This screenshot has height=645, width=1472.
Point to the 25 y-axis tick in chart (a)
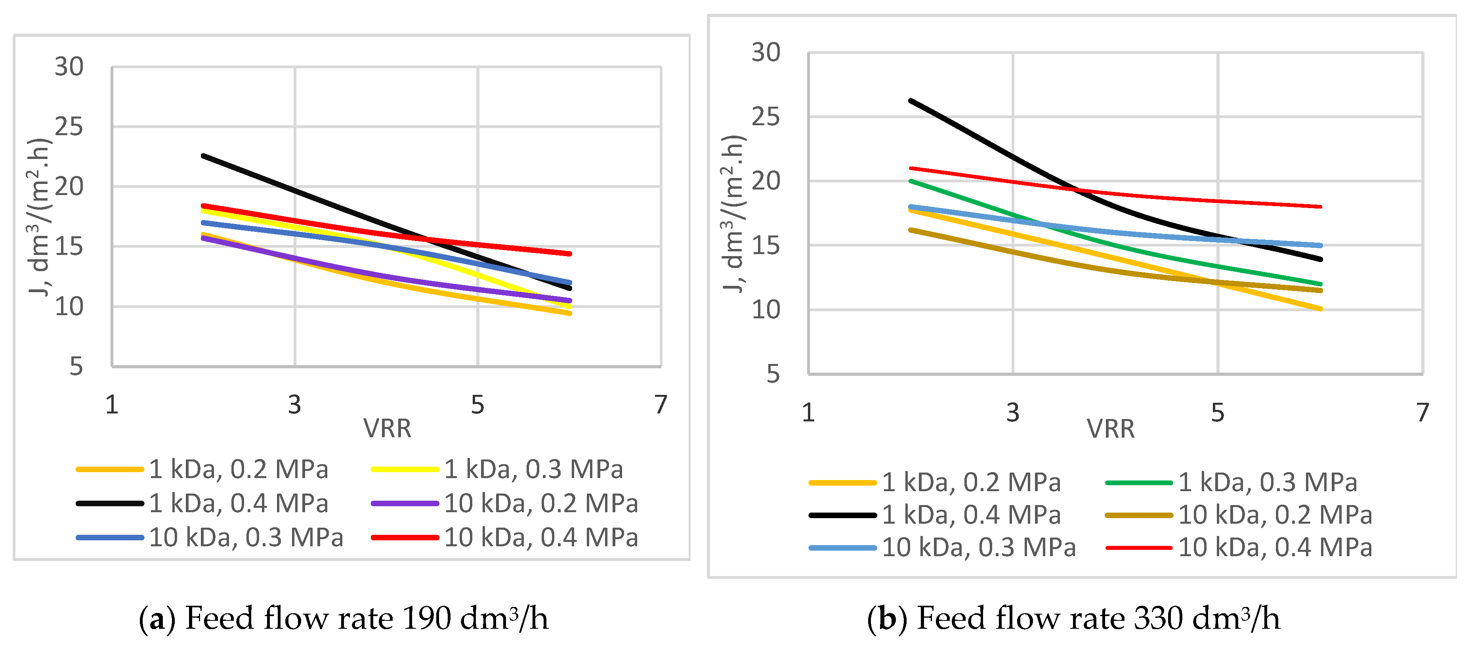point(69,126)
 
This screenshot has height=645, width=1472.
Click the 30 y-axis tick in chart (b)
point(766,53)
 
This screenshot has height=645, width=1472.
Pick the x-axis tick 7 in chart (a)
point(661,405)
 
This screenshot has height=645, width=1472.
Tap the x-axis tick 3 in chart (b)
point(1013,412)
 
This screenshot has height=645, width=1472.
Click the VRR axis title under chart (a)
point(387,428)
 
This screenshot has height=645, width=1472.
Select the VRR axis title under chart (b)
point(1110,429)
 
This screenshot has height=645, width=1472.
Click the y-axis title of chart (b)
point(733,214)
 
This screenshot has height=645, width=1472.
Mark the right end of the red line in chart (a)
point(570,253)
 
